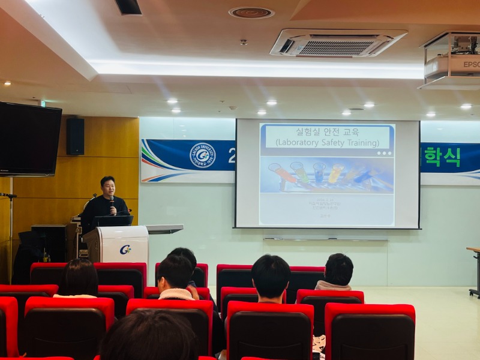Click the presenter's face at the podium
108,187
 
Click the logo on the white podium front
125,250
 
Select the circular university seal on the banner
202,155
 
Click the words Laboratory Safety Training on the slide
327,143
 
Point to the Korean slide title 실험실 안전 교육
327,131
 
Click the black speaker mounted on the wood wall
75,136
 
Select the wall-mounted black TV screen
30,140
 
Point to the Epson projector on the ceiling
454,61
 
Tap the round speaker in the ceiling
251,13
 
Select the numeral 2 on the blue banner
231,155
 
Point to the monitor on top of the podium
113,221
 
